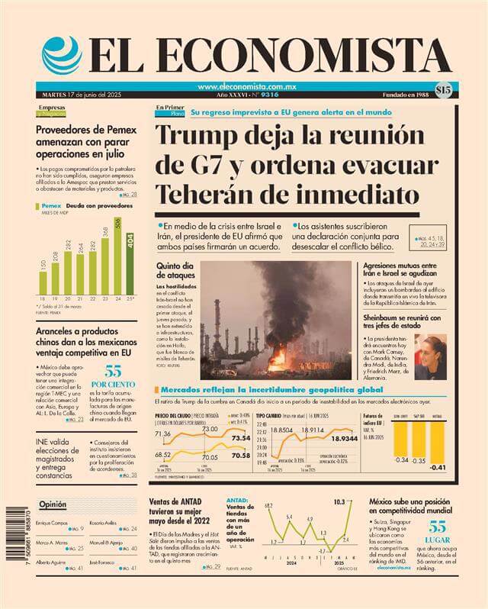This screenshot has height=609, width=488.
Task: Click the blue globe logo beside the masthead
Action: pos(61,54)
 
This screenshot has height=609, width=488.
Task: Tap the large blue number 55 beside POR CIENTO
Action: pos(114,372)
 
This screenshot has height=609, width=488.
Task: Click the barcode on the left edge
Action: pos(18,546)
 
